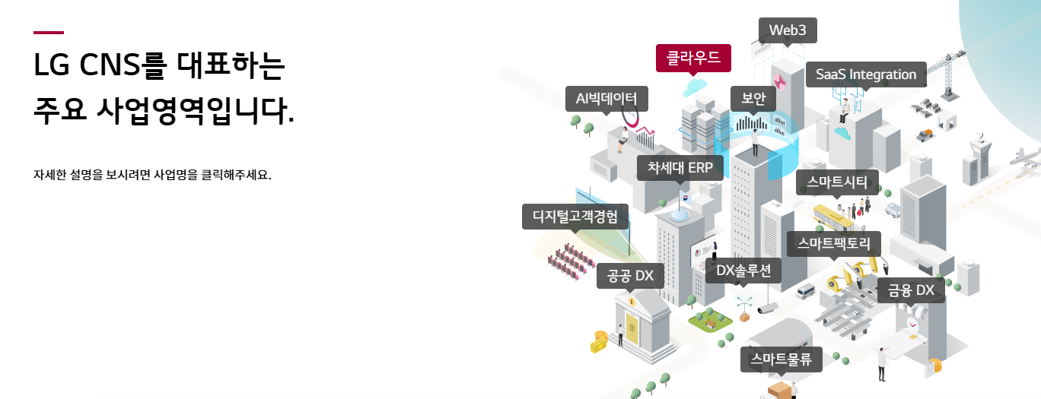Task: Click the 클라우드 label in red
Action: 693,57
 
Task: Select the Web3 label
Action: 788,30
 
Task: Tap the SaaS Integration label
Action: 865,74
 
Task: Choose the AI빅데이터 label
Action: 606,98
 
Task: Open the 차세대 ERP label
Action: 680,168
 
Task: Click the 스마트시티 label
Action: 837,182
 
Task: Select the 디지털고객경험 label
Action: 575,217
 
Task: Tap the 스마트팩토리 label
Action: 833,244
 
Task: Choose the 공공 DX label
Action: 631,275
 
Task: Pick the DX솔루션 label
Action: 743,270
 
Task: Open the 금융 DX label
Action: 911,290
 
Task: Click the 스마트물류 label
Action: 782,359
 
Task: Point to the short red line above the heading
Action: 49,33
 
